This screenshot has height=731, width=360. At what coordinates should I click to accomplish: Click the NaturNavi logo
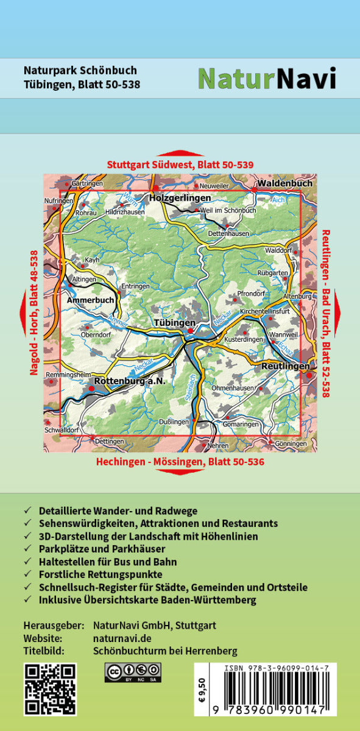(x=267, y=78)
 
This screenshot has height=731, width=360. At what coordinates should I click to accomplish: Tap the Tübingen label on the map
(x=174, y=322)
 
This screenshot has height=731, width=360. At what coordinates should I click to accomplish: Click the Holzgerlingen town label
(x=180, y=198)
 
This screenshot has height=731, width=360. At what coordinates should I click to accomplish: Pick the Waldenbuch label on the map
(x=284, y=183)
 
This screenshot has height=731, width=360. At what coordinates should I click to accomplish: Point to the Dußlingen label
(x=172, y=421)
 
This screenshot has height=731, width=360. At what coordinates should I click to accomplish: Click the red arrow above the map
(x=180, y=152)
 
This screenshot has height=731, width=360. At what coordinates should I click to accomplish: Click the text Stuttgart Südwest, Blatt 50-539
(x=180, y=164)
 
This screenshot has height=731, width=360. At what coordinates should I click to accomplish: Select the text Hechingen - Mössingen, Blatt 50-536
(x=180, y=462)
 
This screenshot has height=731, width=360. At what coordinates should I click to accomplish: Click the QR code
(x=50, y=689)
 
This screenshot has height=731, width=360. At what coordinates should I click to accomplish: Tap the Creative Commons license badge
(x=133, y=673)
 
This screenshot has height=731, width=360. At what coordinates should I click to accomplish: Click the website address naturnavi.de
(x=122, y=638)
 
